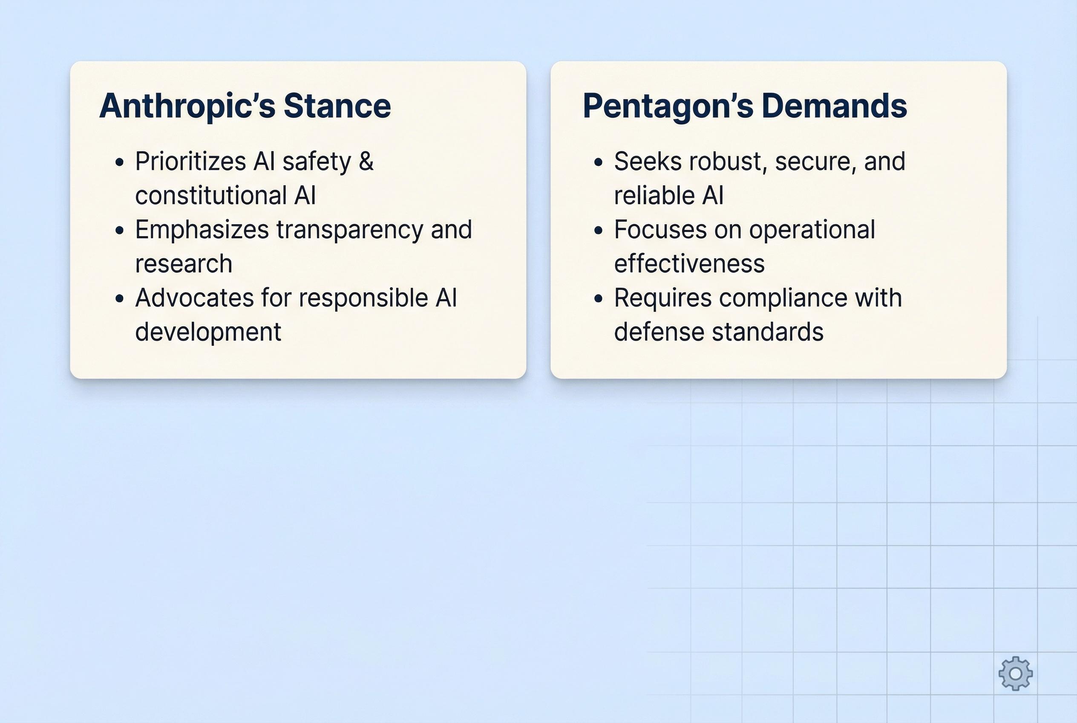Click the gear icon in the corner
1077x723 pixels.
[1015, 674]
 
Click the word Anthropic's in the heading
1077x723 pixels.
[186, 106]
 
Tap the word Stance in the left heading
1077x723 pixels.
[337, 106]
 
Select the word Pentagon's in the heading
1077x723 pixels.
[668, 106]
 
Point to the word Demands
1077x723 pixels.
[834, 106]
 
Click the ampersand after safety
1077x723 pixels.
[366, 162]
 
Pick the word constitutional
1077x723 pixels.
[210, 196]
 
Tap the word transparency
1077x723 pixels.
[349, 230]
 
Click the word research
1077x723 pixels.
[184, 264]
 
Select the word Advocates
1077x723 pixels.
[194, 298]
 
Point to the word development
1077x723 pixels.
[208, 332]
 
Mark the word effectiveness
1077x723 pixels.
[689, 264]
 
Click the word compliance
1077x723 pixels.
[783, 298]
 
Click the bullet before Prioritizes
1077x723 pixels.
[120, 162]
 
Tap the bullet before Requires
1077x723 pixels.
[599, 299]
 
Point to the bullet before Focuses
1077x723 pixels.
[599, 231]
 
